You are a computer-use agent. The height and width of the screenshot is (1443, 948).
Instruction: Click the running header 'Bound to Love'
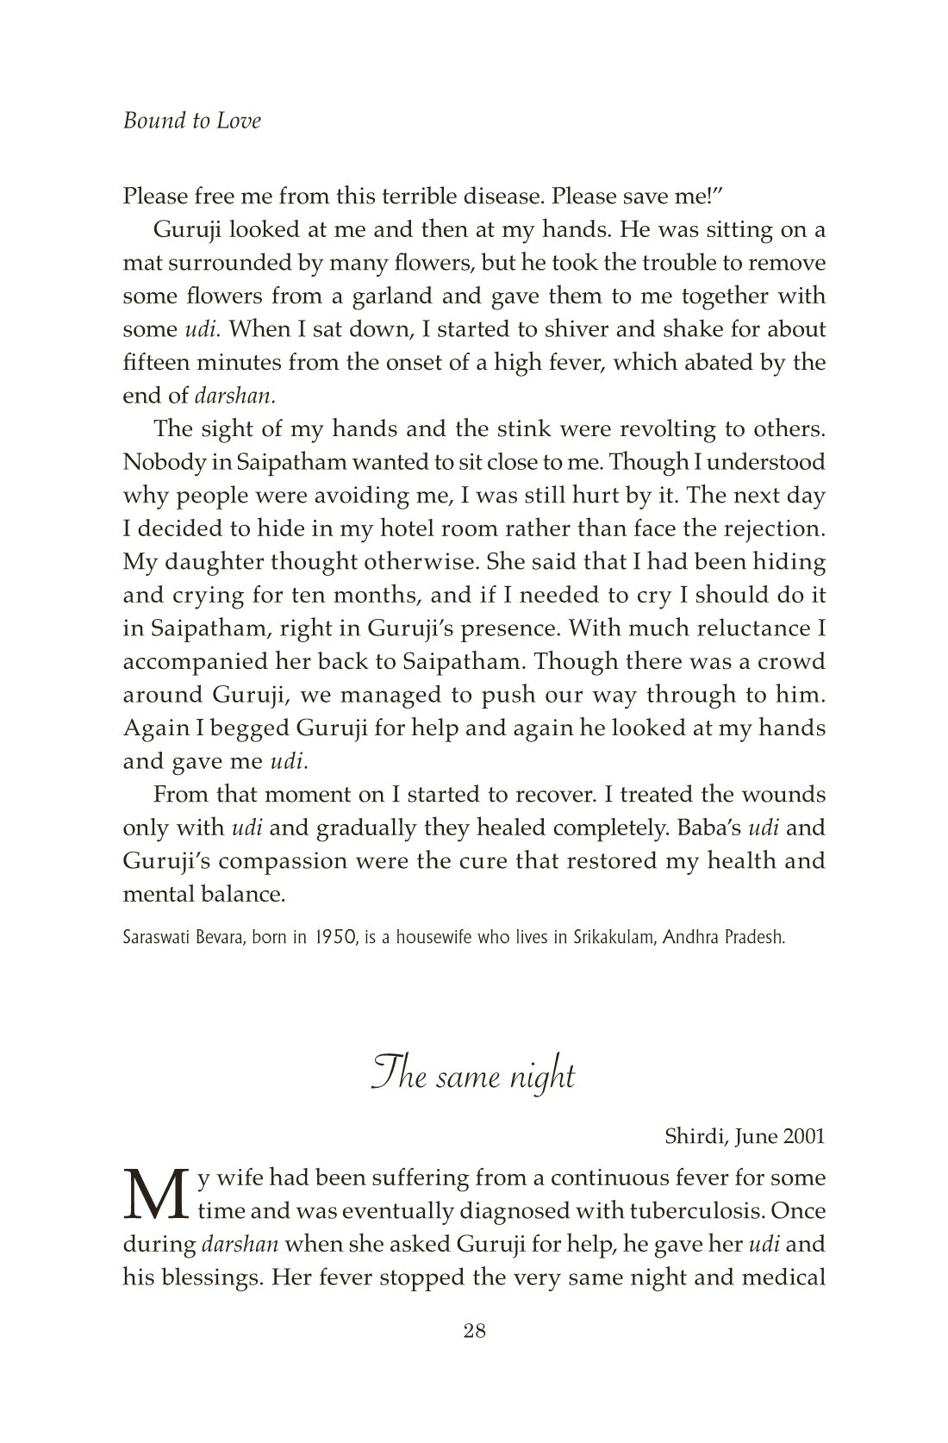click(x=191, y=121)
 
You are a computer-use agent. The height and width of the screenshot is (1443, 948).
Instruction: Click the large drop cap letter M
click(x=155, y=1196)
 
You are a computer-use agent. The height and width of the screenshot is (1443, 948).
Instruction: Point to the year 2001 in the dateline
click(x=803, y=1136)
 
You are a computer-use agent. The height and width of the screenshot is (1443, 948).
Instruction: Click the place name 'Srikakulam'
click(x=614, y=938)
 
